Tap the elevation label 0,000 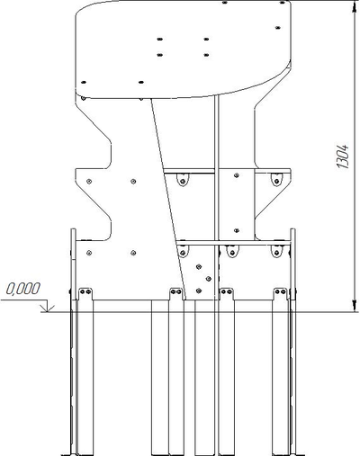tap(23, 291)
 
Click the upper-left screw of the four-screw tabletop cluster tap(160, 40)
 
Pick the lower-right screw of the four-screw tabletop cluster tap(208, 54)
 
